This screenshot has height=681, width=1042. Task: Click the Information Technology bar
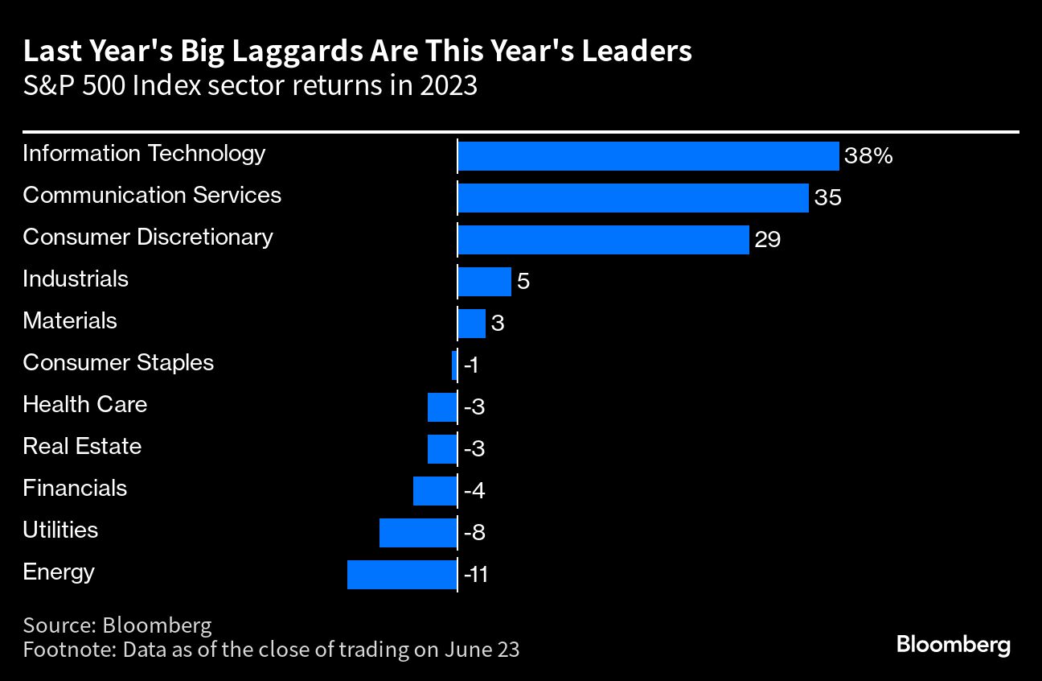pyautogui.click(x=648, y=156)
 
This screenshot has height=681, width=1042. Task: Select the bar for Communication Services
pyautogui.click(x=633, y=198)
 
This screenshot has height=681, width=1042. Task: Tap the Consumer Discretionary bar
pyautogui.click(x=603, y=240)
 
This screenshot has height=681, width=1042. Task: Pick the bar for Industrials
pyautogui.click(x=484, y=282)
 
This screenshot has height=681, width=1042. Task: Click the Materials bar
pyautogui.click(x=471, y=324)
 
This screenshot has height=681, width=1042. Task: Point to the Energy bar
pyautogui.click(x=402, y=575)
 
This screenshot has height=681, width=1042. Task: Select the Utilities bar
pyautogui.click(x=418, y=533)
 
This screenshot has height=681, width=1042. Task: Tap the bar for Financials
pyautogui.click(x=435, y=491)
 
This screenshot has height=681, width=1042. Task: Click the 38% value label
pyautogui.click(x=869, y=156)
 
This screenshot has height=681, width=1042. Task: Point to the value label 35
pyautogui.click(x=827, y=198)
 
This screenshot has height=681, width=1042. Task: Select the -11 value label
pyautogui.click(x=476, y=576)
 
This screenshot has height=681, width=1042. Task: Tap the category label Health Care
pyautogui.click(x=84, y=404)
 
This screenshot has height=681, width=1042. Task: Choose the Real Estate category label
pyautogui.click(x=82, y=446)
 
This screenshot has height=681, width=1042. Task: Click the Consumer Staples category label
pyautogui.click(x=118, y=362)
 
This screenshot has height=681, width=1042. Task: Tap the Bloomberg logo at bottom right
pyautogui.click(x=953, y=645)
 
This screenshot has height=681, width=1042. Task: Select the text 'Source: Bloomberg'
pyautogui.click(x=117, y=625)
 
